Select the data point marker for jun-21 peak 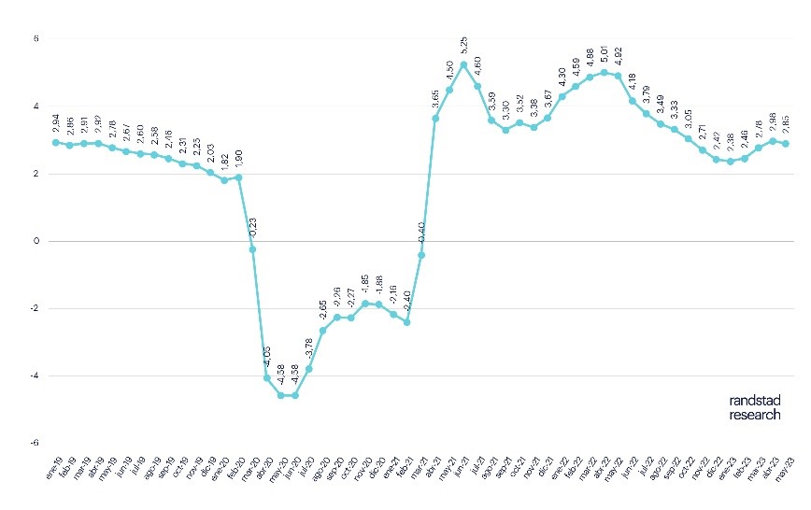point(463,64)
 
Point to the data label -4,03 point(266,359)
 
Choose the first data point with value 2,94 point(56,142)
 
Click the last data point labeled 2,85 point(786,144)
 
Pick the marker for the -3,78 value point(309,369)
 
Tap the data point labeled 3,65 point(435,118)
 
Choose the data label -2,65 point(323,310)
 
